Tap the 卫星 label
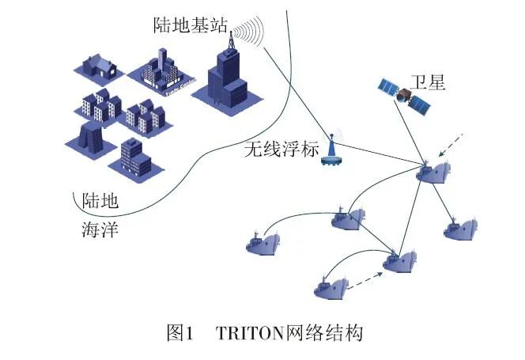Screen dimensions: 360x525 pos(428,81)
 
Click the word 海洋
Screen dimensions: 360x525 pos(100,230)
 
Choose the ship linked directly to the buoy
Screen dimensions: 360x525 pos(434,172)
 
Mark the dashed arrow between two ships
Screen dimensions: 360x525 pos(365,278)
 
